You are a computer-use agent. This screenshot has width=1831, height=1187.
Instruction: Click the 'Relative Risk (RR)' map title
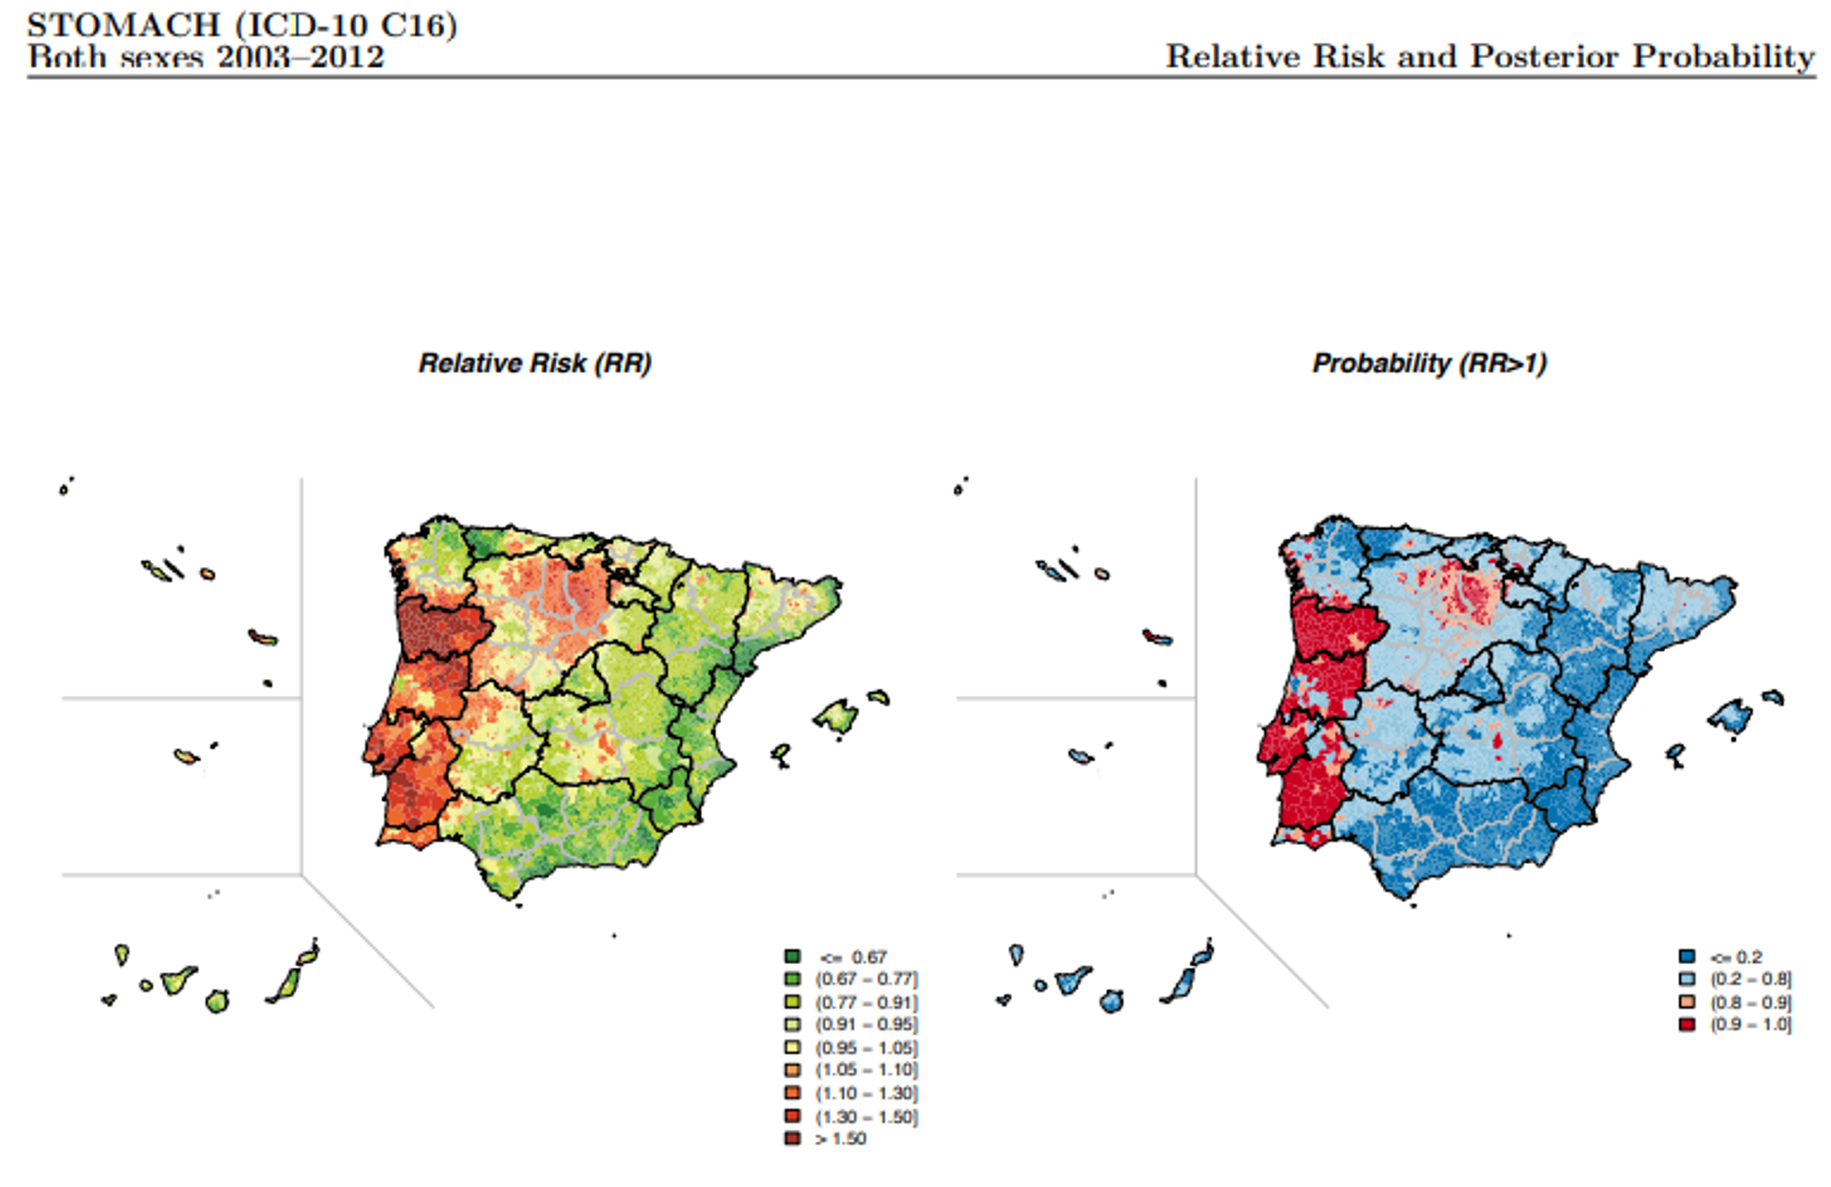click(535, 363)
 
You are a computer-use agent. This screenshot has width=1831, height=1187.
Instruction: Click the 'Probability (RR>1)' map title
click(1429, 363)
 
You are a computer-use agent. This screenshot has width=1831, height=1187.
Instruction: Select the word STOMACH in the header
click(124, 25)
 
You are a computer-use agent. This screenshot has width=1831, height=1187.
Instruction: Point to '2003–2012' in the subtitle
click(300, 57)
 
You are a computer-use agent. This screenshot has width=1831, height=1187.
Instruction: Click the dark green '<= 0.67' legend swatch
click(792, 956)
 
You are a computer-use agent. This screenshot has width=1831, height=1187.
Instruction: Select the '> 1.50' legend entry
click(840, 1138)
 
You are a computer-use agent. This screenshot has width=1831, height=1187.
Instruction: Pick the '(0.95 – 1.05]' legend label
click(866, 1048)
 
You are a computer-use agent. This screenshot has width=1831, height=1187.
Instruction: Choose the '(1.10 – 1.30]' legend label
click(866, 1094)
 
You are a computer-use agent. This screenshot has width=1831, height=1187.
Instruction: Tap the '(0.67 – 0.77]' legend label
click(866, 979)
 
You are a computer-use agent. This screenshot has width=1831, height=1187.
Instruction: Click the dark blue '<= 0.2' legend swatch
click(1687, 956)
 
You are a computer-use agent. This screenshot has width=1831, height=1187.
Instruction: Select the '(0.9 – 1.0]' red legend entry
click(1751, 1025)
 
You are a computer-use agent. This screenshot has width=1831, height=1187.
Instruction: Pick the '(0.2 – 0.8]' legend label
click(1751, 979)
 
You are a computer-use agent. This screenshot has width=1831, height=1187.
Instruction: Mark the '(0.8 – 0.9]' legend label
click(1751, 1002)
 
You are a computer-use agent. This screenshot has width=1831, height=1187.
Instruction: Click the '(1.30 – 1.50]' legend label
click(866, 1116)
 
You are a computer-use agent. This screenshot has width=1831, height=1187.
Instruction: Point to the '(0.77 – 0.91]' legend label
click(866, 1002)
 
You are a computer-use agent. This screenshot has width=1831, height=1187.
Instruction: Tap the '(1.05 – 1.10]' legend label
click(866, 1071)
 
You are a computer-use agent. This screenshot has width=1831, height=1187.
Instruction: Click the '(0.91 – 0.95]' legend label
click(866, 1025)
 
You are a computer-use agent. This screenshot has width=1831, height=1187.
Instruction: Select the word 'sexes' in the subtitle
click(162, 57)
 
